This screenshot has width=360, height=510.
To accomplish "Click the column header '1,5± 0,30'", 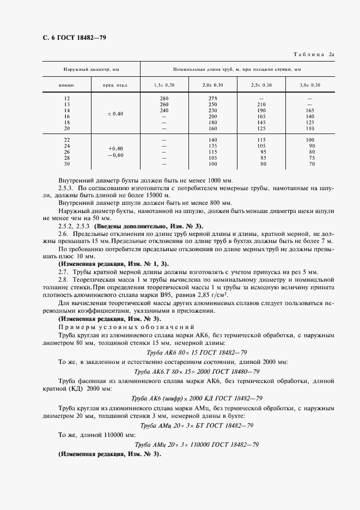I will click(164, 85).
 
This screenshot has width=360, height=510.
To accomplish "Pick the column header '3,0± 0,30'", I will click(310, 85).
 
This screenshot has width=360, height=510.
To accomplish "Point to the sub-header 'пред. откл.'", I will click(115, 85).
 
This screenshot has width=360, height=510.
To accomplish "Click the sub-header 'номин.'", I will click(66, 85).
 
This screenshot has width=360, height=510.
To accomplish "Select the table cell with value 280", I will click(164, 98).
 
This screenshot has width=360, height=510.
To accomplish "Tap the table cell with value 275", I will click(213, 98).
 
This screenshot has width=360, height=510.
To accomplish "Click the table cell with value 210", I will click(261, 104).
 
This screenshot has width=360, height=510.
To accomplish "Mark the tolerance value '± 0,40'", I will click(115, 113).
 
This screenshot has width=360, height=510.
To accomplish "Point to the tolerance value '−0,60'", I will click(115, 155).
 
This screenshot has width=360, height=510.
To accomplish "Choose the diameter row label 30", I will click(67, 164).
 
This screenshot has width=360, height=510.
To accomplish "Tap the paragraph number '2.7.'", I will click(63, 271).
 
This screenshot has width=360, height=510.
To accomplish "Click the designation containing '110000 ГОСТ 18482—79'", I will click(197, 445).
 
